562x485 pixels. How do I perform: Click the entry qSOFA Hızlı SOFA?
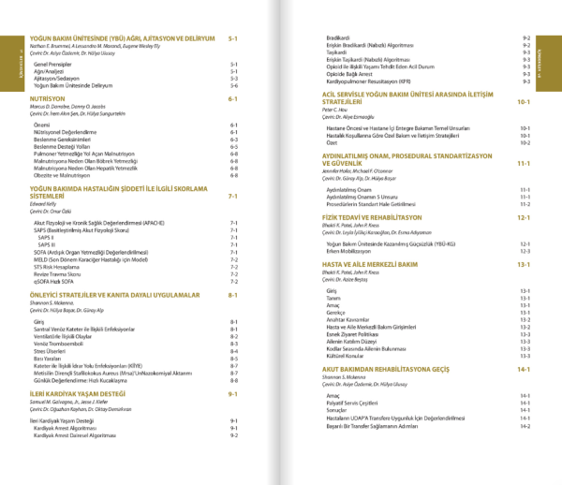59,281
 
